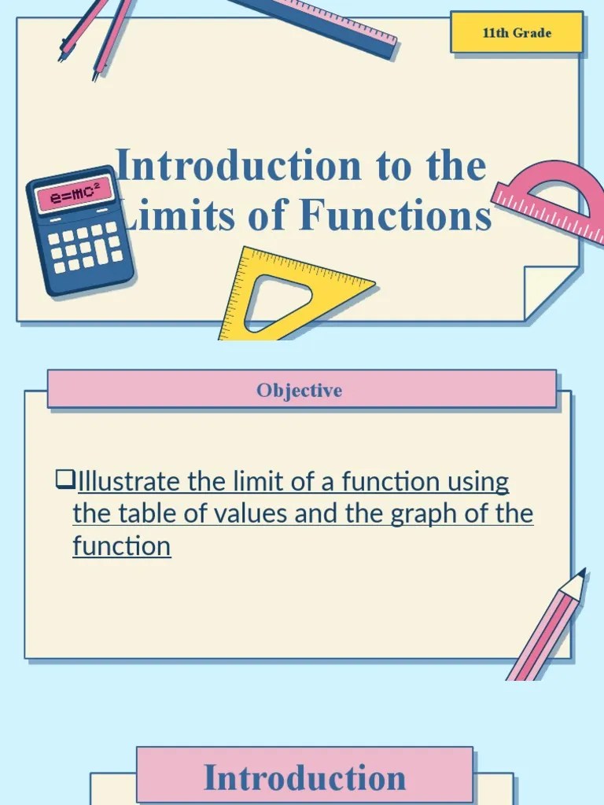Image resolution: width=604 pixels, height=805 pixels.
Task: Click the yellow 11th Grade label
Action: [517, 33]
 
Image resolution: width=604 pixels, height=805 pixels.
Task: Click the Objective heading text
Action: [299, 391]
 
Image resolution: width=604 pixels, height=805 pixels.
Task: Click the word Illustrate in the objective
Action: [131, 480]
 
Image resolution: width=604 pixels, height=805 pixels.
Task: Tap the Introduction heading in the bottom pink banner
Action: [305, 777]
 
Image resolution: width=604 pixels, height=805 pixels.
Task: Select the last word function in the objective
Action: [121, 546]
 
